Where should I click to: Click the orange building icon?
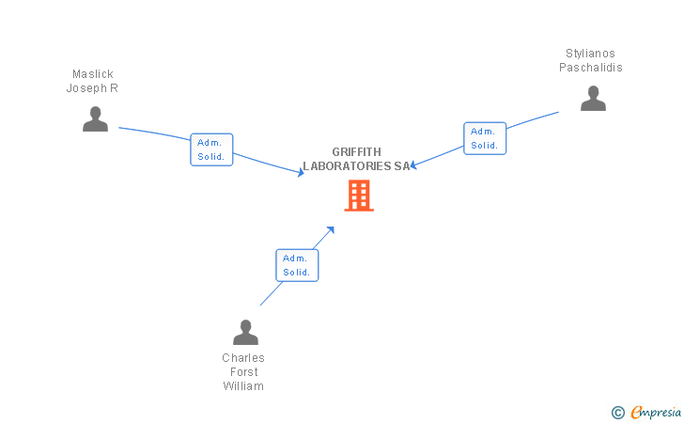(x=359, y=196)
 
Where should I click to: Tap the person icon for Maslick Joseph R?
(x=95, y=119)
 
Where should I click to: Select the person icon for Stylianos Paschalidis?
(x=593, y=99)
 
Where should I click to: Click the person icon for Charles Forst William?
(x=245, y=333)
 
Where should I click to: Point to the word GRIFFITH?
(x=357, y=152)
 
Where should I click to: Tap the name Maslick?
(x=93, y=74)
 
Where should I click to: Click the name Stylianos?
(x=590, y=54)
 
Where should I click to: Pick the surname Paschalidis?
(x=591, y=68)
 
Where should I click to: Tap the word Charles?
(x=243, y=358)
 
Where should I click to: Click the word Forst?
(x=243, y=372)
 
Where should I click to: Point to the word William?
(x=243, y=386)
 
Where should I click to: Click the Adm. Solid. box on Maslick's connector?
(x=211, y=149)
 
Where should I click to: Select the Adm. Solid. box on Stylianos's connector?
(x=485, y=138)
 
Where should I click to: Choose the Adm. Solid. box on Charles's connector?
(x=298, y=265)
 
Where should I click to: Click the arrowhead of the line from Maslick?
(x=301, y=173)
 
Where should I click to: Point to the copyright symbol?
(x=618, y=412)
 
